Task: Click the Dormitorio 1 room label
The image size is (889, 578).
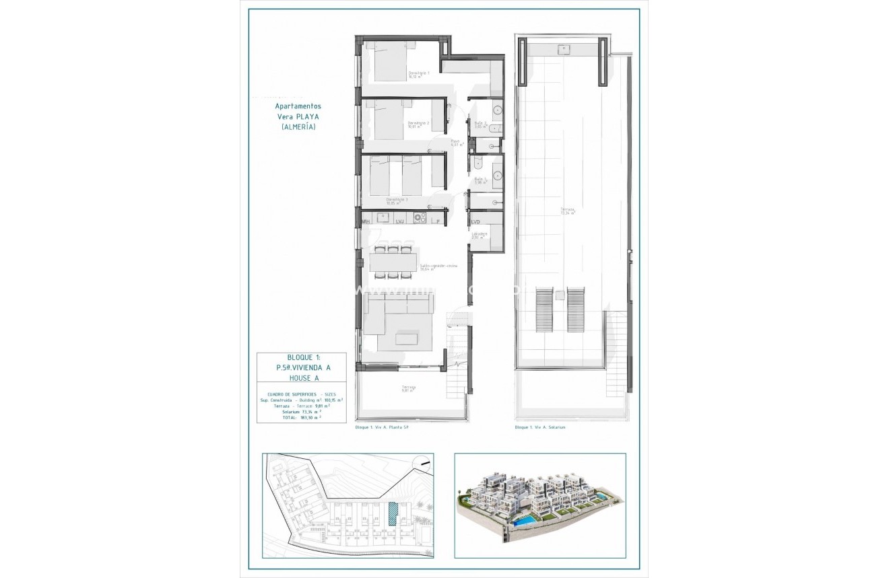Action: pyautogui.click(x=419, y=74)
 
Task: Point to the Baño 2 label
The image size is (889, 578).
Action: pyautogui.click(x=480, y=124)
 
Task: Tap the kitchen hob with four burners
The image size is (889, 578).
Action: pyautogui.click(x=420, y=217)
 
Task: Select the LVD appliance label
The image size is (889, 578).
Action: pyautogui.click(x=475, y=221)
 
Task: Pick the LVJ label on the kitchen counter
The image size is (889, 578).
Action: pyautogui.click(x=399, y=221)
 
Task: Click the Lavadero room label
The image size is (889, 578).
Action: pyautogui.click(x=479, y=235)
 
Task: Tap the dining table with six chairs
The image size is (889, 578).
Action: pyautogui.click(x=393, y=262)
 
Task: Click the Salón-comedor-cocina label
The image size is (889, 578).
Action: pyautogui.click(x=438, y=267)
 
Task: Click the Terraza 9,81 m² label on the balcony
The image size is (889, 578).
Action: pyautogui.click(x=409, y=388)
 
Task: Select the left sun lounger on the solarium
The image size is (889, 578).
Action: pyautogui.click(x=543, y=310)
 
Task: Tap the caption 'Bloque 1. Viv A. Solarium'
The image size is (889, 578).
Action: pyautogui.click(x=539, y=427)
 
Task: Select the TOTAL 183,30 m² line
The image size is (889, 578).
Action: pyautogui.click(x=301, y=418)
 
